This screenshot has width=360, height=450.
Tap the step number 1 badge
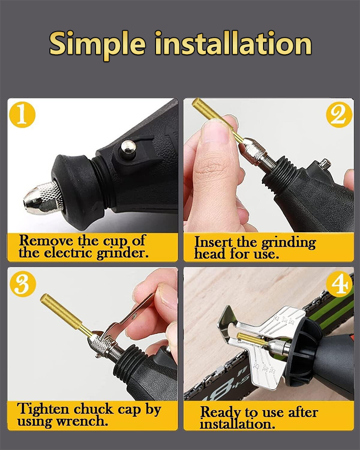(22, 115)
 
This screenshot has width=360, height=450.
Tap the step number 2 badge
(339, 115)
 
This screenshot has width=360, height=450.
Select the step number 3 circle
(23, 284)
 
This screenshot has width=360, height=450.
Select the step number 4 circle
(339, 284)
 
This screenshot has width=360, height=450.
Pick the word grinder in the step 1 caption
(122, 254)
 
